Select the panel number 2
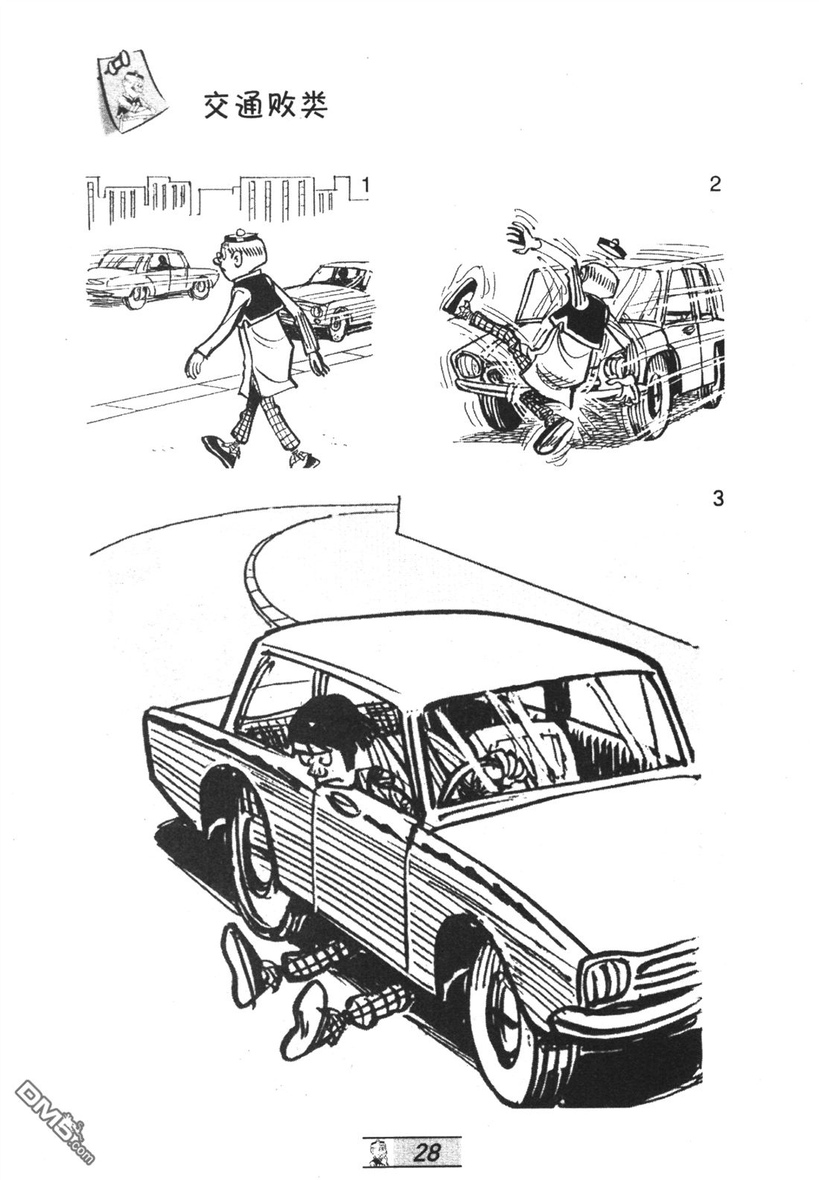pos(714,185)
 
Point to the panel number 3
pos(718,498)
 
